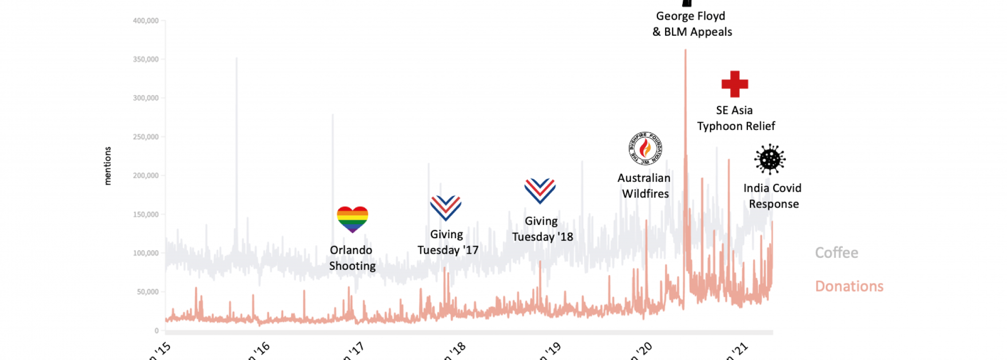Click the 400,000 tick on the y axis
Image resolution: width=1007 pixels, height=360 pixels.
click(146, 21)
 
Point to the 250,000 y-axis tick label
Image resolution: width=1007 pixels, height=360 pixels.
click(146, 137)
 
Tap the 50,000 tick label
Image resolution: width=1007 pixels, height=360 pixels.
click(148, 292)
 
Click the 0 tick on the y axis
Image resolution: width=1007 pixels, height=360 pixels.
click(157, 331)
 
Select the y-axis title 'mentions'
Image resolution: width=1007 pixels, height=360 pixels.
click(107, 166)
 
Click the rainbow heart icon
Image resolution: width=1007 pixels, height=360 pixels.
click(352, 219)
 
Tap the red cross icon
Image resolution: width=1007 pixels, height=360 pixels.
click(735, 84)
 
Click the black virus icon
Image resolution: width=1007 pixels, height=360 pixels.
click(770, 159)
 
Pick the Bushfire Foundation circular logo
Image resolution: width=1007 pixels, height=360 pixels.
click(645, 149)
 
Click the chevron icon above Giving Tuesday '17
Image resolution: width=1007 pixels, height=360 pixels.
click(446, 207)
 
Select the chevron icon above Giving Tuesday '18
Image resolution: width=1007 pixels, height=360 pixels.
click(540, 191)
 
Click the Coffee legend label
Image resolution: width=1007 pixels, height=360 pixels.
click(836, 253)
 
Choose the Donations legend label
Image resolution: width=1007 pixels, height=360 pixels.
click(849, 286)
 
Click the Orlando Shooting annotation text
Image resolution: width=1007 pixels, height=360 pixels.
click(352, 258)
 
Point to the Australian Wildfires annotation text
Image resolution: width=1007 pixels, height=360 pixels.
click(644, 186)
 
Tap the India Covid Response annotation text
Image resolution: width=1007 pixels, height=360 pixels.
click(773, 196)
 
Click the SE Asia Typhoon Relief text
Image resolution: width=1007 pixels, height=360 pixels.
click(736, 118)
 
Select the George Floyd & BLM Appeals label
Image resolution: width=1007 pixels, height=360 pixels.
click(692, 24)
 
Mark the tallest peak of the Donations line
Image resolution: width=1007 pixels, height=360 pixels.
click(685, 50)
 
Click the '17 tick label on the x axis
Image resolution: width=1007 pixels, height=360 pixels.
click(353, 350)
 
